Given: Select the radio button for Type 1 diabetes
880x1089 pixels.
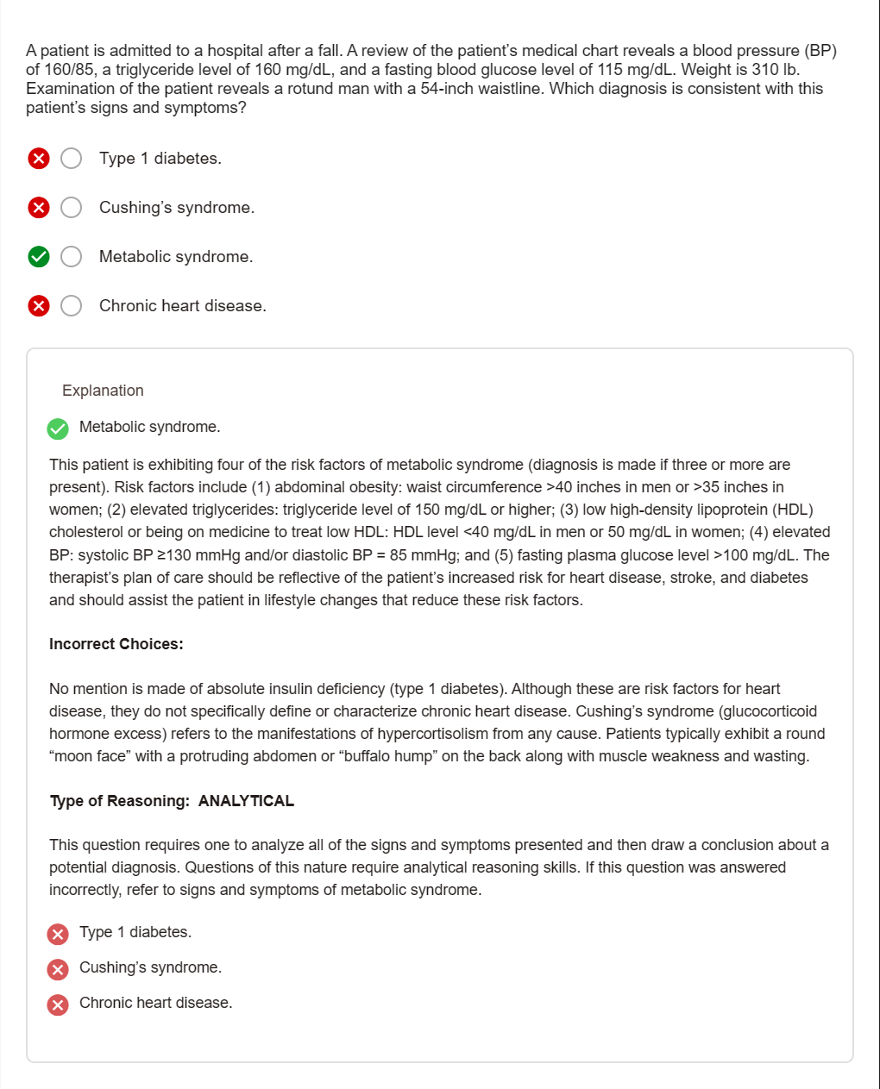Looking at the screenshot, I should [72, 159].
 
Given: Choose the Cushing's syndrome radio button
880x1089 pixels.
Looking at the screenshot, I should [72, 208].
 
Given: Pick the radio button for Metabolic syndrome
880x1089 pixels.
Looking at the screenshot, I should [72, 257].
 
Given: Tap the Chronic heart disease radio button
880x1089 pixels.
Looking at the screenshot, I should [72, 306].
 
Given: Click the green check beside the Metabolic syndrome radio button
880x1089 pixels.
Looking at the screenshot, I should [39, 257].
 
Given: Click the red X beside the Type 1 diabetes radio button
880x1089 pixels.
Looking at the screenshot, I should [39, 159].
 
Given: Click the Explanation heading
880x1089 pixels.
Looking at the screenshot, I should [103, 391].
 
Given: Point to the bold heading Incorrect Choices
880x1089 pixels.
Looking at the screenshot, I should [116, 644].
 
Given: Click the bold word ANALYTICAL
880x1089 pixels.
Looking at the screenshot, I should [246, 801].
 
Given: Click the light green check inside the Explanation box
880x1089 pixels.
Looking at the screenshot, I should [58, 429].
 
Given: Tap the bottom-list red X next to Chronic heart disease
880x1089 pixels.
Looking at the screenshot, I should [58, 1005].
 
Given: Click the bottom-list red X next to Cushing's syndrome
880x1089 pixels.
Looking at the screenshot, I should [58, 969].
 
